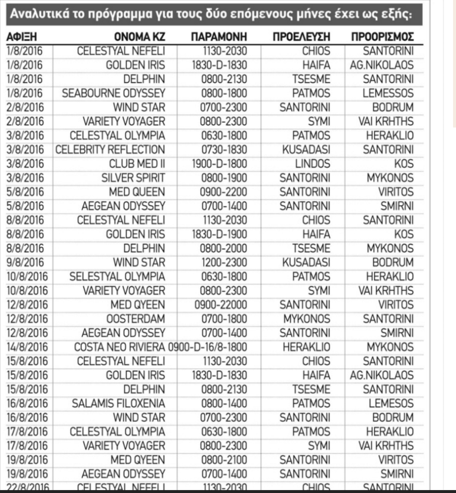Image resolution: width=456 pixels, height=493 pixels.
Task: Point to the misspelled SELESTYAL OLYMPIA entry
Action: [x=118, y=276]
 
